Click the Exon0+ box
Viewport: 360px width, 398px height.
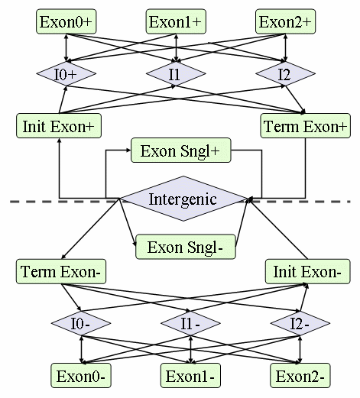[x=66, y=21]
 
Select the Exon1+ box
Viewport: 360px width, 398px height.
[x=176, y=21]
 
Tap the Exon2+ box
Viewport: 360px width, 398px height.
[x=285, y=21]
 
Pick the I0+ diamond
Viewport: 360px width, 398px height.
[x=66, y=73]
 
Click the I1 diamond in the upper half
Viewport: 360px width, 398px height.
[x=176, y=73]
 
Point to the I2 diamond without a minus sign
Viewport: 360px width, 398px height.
[x=285, y=73]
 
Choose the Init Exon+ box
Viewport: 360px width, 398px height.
[x=59, y=126]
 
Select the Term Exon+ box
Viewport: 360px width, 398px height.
[x=306, y=126]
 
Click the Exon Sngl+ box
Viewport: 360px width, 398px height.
[x=181, y=150]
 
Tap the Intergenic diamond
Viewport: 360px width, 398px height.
[x=183, y=199]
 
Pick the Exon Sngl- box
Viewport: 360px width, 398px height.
[x=186, y=247]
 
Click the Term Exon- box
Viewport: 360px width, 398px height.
[x=61, y=271]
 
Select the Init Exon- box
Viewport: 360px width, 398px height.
[x=308, y=271]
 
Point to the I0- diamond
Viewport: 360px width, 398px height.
[x=81, y=323]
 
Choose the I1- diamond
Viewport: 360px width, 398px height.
[x=190, y=323]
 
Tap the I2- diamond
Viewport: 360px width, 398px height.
[x=300, y=323]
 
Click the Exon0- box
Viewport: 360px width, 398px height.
[x=81, y=376]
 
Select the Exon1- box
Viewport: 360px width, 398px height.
[x=190, y=376]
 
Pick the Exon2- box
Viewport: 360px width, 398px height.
[x=300, y=376]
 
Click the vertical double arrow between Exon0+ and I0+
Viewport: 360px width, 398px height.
[x=66, y=47]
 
